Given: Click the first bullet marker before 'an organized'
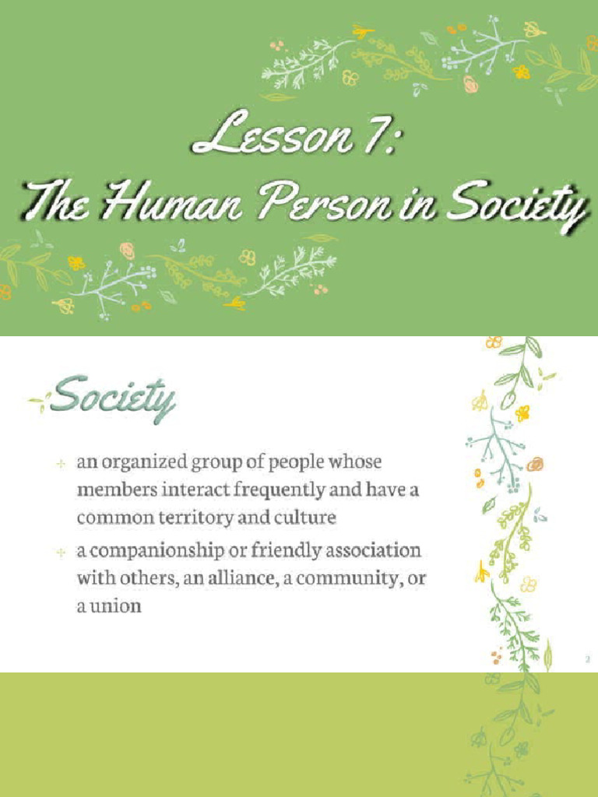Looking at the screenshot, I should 60,464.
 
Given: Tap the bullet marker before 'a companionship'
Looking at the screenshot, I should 60,553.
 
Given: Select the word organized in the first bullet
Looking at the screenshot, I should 145,462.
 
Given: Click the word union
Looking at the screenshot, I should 114,606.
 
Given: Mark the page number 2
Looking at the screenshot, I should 588,660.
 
